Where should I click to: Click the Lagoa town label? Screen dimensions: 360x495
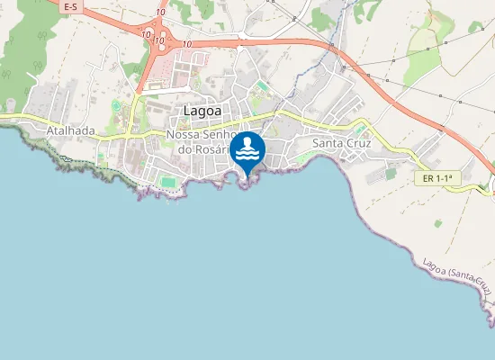click(202, 111)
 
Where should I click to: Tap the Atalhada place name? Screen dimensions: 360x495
click(70, 130)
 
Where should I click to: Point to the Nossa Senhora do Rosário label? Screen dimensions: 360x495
click(200, 142)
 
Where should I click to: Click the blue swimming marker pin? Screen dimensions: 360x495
click(247, 149)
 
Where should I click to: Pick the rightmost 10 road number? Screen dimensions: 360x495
click(187, 43)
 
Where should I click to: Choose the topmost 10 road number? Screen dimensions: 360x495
click(159, 12)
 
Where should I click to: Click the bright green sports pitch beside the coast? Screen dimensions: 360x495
click(168, 182)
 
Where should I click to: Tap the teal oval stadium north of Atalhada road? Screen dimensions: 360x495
click(116, 106)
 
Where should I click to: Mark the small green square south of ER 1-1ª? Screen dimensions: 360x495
click(437, 222)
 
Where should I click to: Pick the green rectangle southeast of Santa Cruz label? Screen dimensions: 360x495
click(391, 174)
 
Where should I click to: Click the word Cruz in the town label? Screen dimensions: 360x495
click(358, 143)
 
